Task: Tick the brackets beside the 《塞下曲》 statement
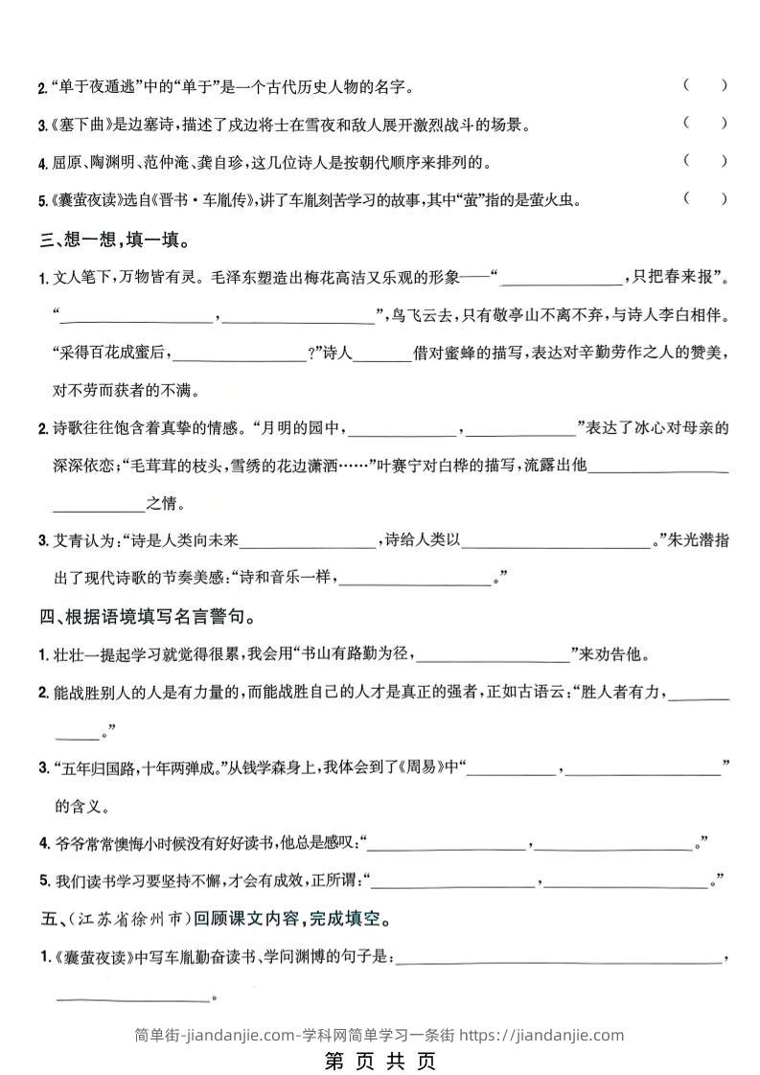click(x=705, y=123)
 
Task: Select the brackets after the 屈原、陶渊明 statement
click(x=705, y=161)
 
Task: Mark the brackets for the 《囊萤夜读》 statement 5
click(x=705, y=199)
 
